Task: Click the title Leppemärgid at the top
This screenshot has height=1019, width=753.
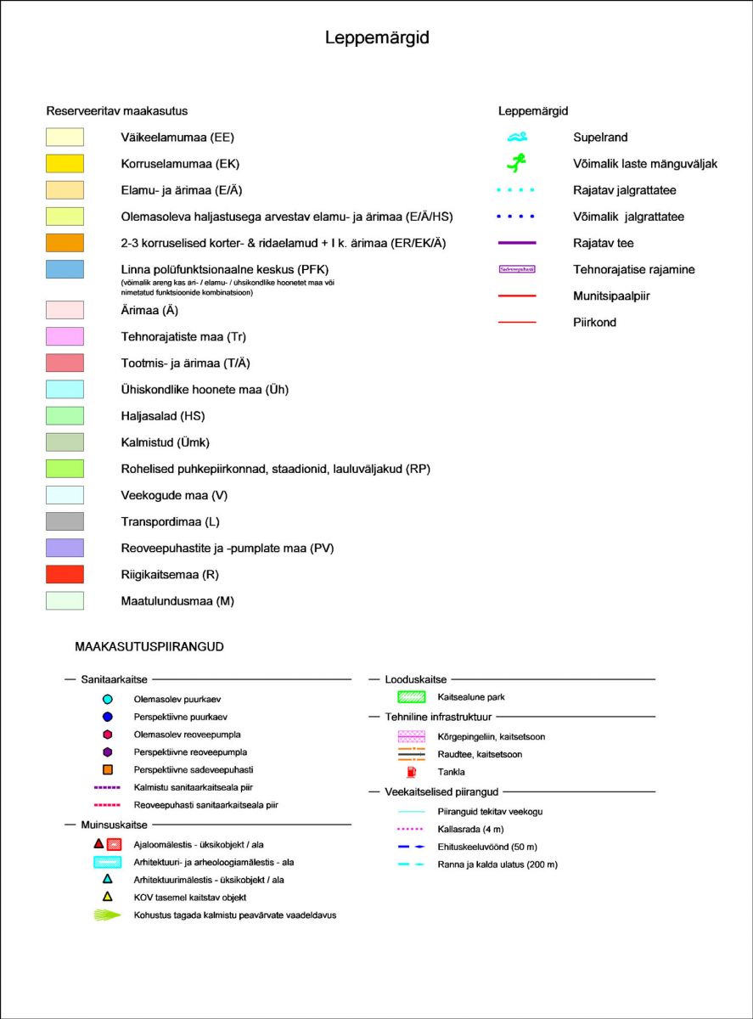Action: [377, 39]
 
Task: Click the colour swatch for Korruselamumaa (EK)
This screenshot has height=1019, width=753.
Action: [65, 164]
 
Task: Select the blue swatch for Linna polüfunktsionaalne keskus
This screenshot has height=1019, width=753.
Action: [65, 269]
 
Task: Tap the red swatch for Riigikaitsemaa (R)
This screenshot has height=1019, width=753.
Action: [65, 574]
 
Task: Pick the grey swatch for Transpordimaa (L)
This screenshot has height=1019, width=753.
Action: [65, 521]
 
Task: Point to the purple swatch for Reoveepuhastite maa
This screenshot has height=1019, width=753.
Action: [65, 548]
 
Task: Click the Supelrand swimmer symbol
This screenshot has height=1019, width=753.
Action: [518, 137]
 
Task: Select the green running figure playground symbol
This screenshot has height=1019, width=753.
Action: [517, 161]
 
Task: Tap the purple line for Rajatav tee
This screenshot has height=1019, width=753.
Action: [518, 243]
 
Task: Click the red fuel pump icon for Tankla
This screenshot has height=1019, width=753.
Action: [413, 772]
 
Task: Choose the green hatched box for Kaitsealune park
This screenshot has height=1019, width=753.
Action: [413, 697]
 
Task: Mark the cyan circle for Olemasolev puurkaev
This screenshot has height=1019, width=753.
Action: [108, 700]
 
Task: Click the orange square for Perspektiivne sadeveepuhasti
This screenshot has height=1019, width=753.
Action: [108, 770]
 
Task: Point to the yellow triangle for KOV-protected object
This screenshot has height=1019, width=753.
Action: [108, 898]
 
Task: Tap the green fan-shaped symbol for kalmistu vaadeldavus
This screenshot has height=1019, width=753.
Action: [108, 915]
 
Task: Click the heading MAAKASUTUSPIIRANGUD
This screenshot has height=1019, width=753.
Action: [149, 647]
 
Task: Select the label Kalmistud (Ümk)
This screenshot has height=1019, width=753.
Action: [165, 442]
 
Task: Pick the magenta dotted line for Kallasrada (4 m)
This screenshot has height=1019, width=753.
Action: [413, 829]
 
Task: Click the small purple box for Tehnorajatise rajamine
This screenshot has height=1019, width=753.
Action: [517, 269]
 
